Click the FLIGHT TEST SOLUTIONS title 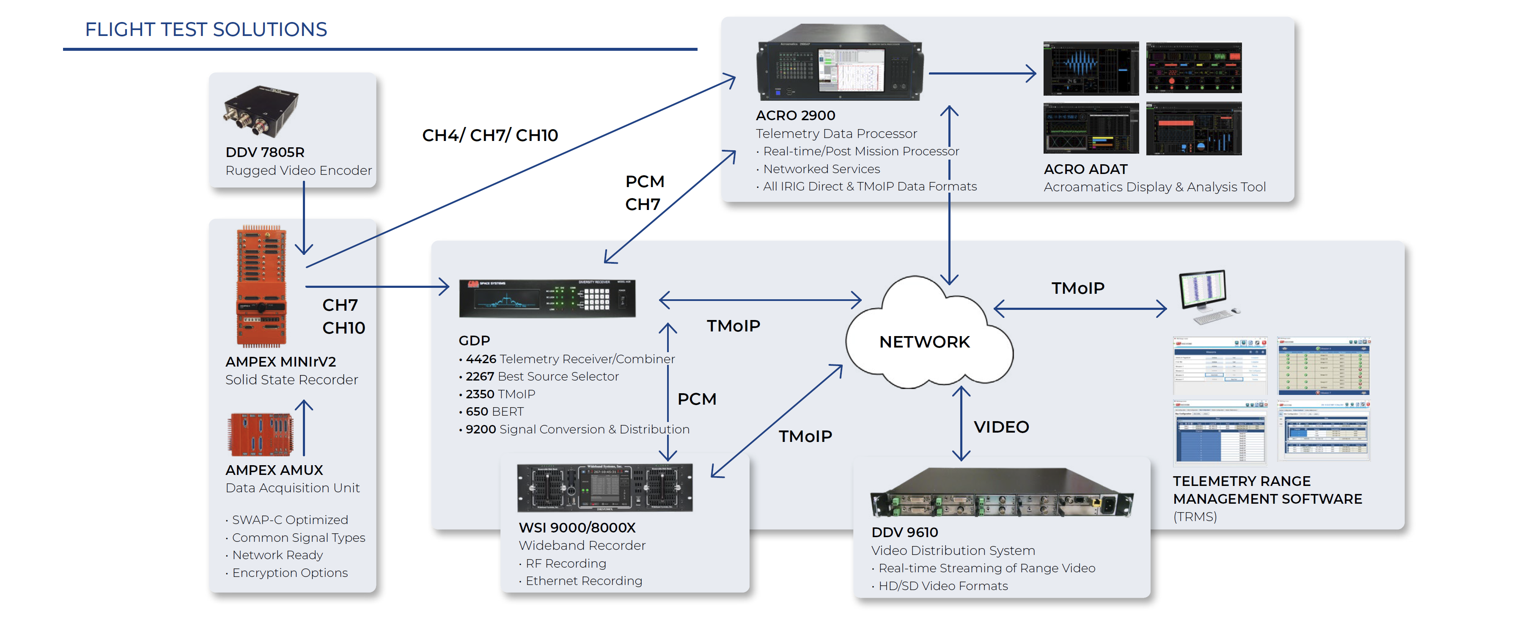[x=206, y=30]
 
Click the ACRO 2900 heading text [x=795, y=115]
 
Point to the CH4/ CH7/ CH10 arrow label [x=490, y=135]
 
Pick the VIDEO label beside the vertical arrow [x=1001, y=427]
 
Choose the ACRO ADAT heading [x=1085, y=169]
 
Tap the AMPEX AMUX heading [x=274, y=470]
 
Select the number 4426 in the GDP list [x=481, y=359]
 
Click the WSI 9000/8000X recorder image [x=604, y=488]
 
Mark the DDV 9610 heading [x=904, y=532]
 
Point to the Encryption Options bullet [x=289, y=573]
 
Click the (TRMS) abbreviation [x=1195, y=517]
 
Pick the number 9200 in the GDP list [x=481, y=429]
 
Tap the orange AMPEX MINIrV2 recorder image [x=261, y=286]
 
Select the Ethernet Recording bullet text [x=584, y=581]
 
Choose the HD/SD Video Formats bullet [x=943, y=586]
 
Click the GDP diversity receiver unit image [x=547, y=298]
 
